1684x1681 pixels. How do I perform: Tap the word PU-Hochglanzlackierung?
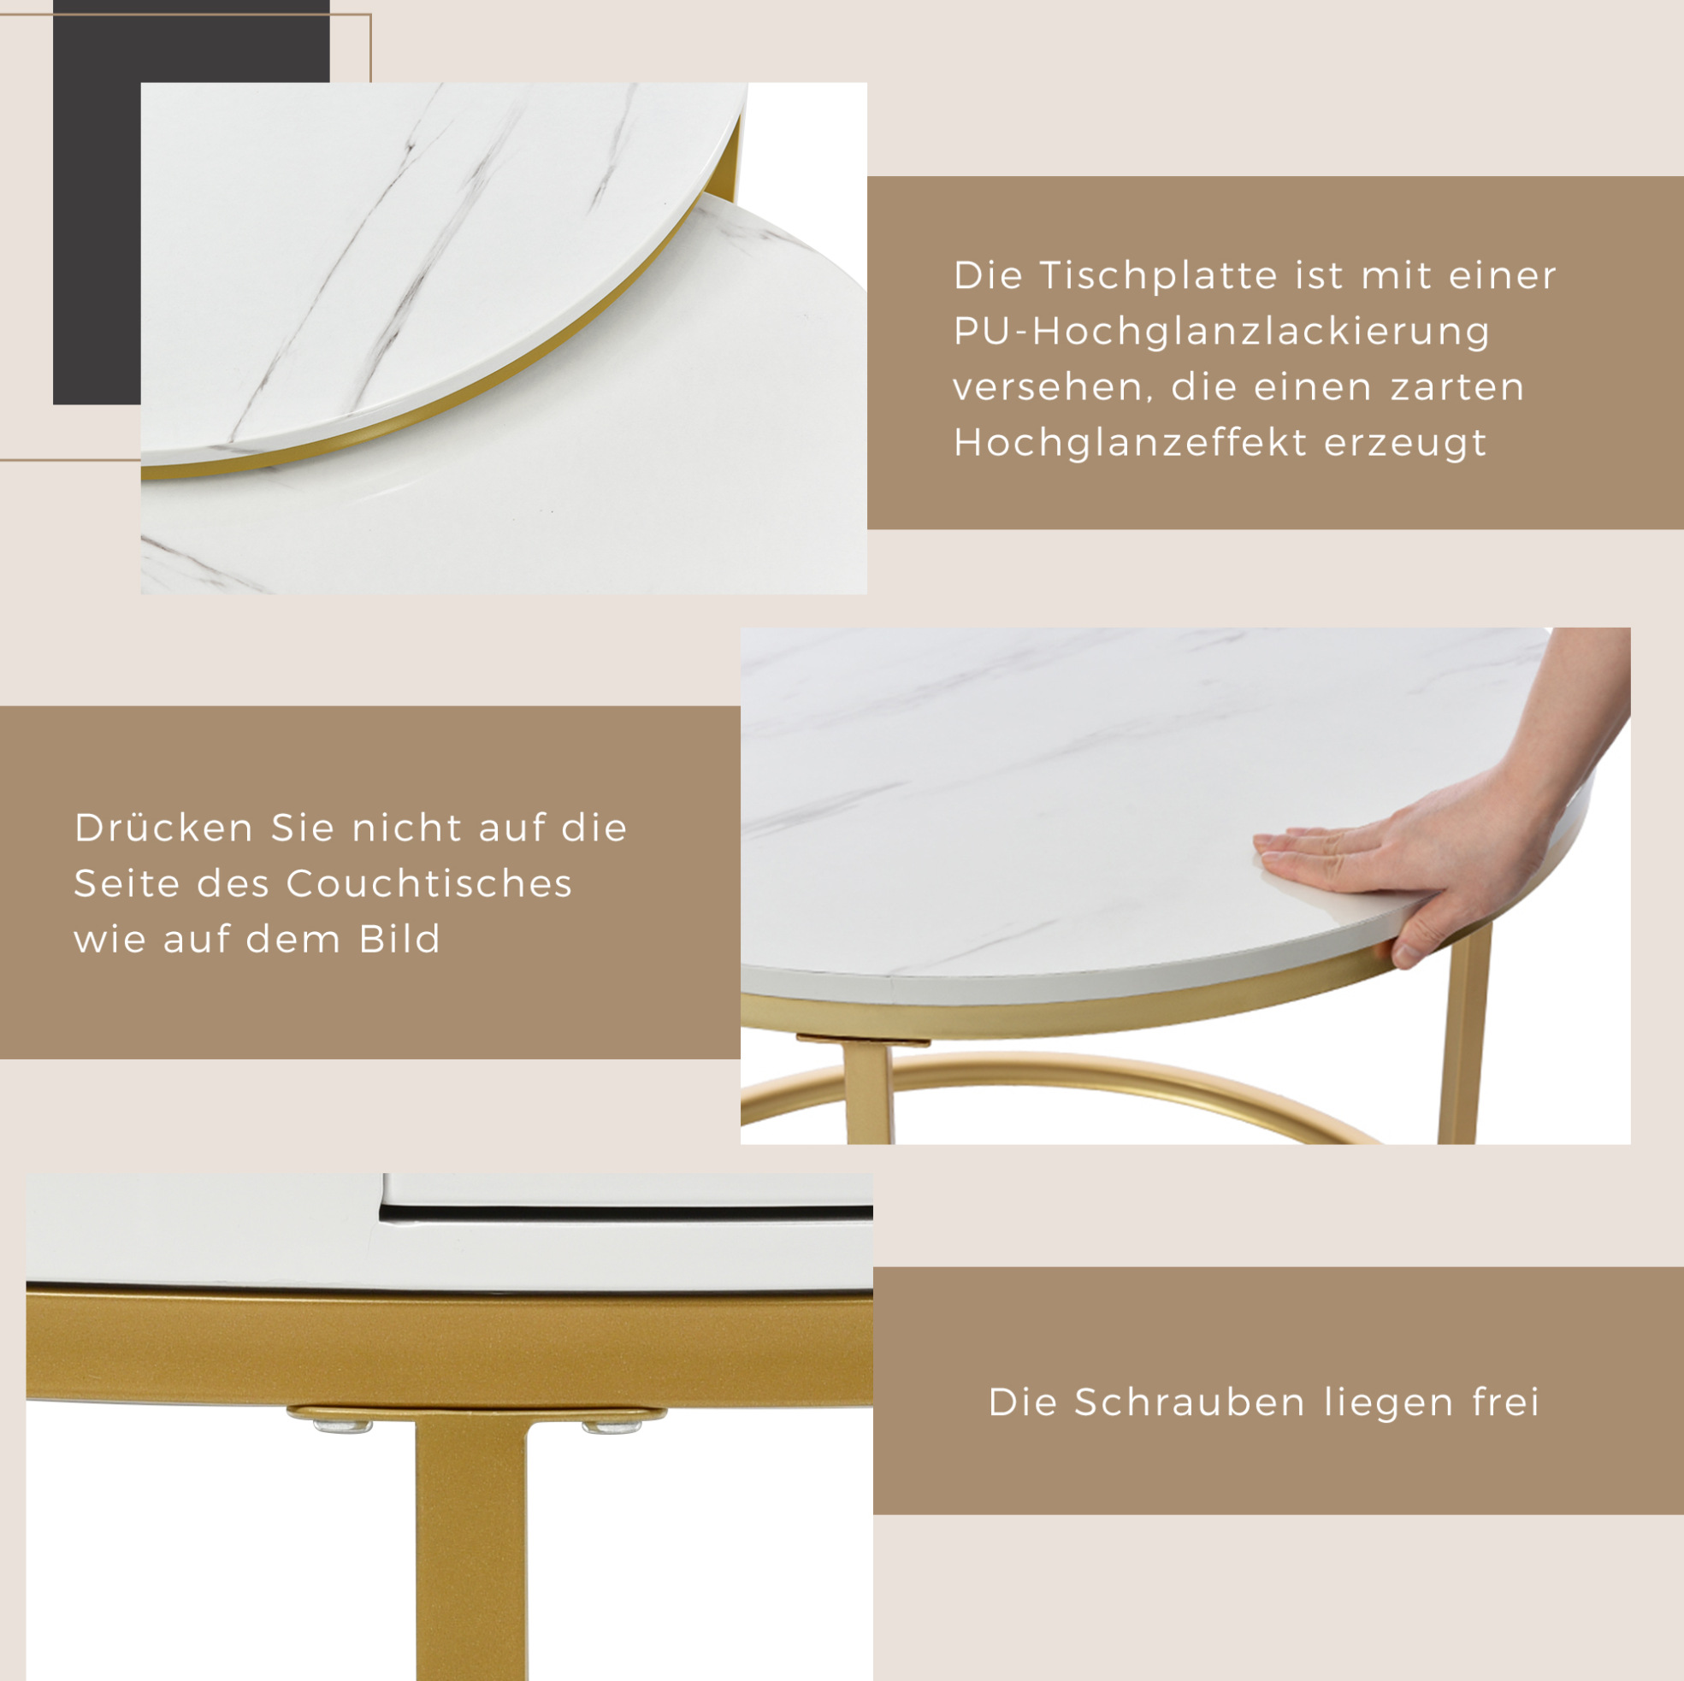pyautogui.click(x=1222, y=332)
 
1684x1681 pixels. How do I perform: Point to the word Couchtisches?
pyautogui.click(x=428, y=883)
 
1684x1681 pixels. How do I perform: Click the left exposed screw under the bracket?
pyautogui.click(x=342, y=1426)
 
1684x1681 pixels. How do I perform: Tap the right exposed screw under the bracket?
pyautogui.click(x=612, y=1426)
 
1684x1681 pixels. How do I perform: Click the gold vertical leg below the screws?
pyautogui.click(x=470, y=1551)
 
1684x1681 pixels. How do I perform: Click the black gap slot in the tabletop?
pyautogui.click(x=626, y=1212)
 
